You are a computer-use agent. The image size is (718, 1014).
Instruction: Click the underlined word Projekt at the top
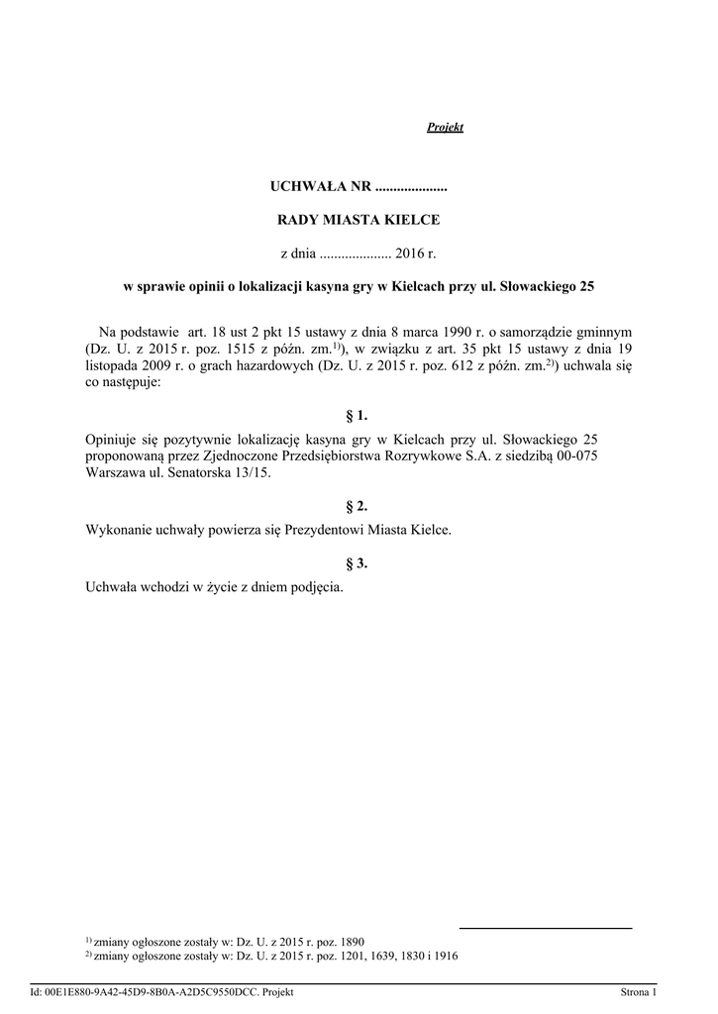[445, 128]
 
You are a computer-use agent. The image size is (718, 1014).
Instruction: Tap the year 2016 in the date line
[408, 253]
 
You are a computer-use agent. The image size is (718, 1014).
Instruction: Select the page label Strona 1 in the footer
[638, 992]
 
